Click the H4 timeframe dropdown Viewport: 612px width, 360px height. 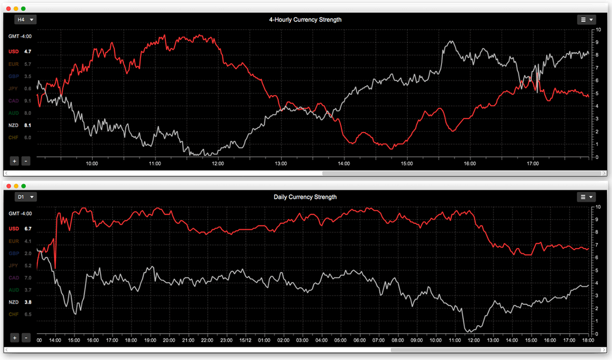[x=25, y=20]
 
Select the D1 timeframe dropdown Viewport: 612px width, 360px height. [x=25, y=197]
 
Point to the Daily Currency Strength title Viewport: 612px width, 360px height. [x=305, y=197]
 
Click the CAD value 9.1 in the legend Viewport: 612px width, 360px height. [x=27, y=101]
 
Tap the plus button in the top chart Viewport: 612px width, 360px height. [x=15, y=161]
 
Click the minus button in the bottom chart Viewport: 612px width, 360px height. [x=26, y=338]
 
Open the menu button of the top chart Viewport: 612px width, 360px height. [x=586, y=20]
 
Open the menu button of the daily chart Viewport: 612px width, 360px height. [x=586, y=197]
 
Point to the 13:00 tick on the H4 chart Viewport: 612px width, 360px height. [x=281, y=164]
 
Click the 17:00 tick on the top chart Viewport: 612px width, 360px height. [x=532, y=164]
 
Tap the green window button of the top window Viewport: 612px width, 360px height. [x=24, y=9]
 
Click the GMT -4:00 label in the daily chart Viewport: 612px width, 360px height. [x=20, y=213]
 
